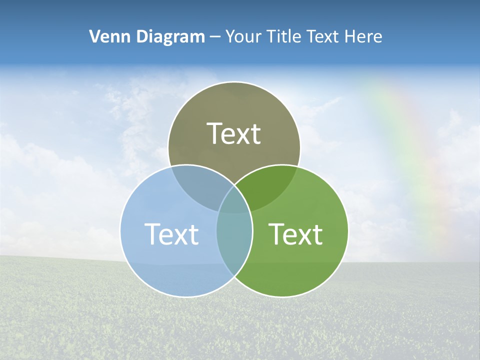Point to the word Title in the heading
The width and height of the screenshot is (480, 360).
click(284, 36)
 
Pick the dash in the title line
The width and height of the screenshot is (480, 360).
click(215, 37)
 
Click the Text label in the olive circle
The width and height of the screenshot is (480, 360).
click(234, 133)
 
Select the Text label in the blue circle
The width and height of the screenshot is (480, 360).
click(171, 234)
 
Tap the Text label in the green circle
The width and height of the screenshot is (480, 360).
click(295, 234)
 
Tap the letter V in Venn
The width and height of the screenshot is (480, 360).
click(94, 36)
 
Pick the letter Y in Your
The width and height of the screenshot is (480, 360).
click(230, 36)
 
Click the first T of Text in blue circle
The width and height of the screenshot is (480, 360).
click(152, 234)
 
